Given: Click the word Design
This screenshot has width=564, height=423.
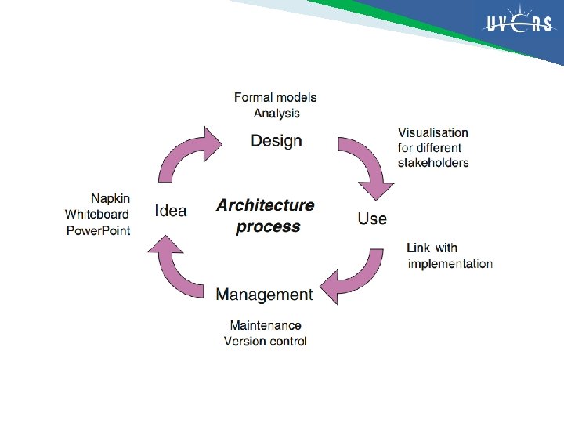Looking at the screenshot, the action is click(x=276, y=141).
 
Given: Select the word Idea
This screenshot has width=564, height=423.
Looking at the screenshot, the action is click(x=171, y=210).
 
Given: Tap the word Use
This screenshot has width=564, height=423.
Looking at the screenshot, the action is click(x=372, y=218).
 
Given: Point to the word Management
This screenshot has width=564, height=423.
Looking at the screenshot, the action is click(x=264, y=295).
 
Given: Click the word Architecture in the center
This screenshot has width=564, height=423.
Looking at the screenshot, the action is click(x=266, y=205).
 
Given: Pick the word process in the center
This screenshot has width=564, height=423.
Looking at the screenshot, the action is click(x=268, y=227).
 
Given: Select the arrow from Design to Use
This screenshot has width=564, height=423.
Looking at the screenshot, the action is click(x=367, y=165).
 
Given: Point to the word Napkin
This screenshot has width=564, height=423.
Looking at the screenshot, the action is click(x=110, y=199).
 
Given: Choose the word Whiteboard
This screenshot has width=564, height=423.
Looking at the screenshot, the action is click(x=97, y=215).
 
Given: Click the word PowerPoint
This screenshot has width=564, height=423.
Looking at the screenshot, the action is click(x=98, y=230).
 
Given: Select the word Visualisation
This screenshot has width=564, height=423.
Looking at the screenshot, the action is click(x=433, y=132).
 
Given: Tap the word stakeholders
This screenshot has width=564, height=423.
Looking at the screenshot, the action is click(x=433, y=163).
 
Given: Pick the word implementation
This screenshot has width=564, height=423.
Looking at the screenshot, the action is click(x=450, y=264).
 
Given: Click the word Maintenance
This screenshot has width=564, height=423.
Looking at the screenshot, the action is click(x=266, y=325).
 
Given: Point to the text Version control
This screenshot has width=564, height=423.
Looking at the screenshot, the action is click(x=266, y=341).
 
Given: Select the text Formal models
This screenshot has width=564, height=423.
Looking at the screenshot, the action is click(x=276, y=98).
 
